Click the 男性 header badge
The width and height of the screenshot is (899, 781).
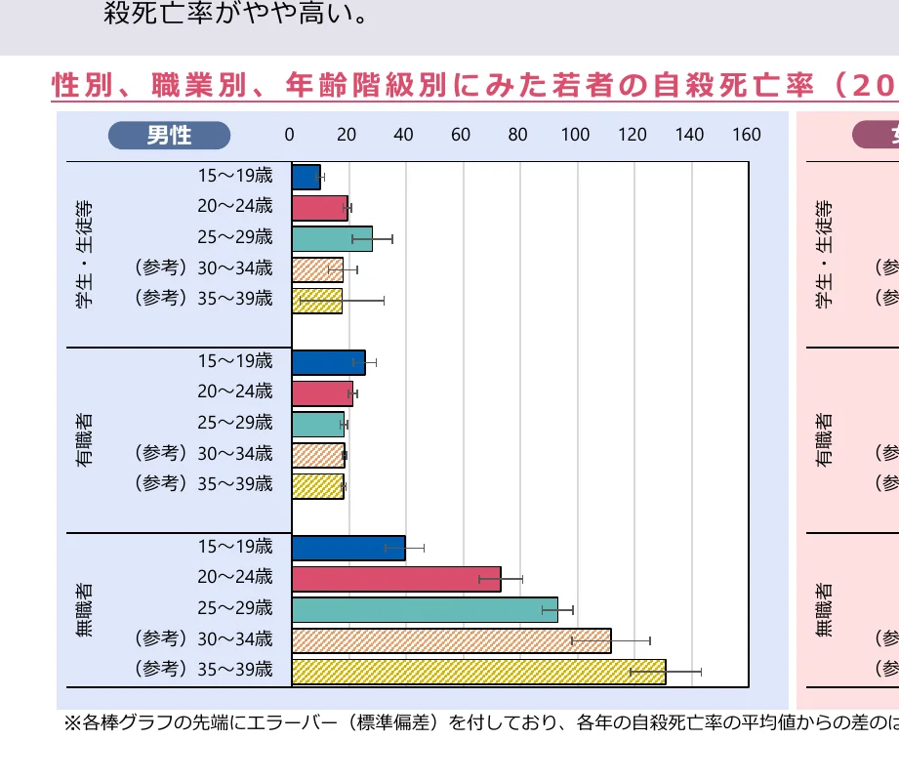pos(169,135)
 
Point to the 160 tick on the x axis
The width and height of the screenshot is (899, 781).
pos(747,135)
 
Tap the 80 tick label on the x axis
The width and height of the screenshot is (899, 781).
pos(517,135)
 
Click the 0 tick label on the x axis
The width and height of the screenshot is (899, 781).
pos(289,135)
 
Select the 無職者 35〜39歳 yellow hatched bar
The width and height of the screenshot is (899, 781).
pos(478,672)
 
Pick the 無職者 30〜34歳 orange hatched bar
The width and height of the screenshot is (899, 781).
pos(451,640)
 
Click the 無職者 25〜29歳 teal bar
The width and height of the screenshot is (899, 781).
pos(425,609)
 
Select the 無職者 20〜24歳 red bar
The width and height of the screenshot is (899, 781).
pos(396,579)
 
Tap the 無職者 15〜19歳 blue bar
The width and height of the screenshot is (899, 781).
pos(348,548)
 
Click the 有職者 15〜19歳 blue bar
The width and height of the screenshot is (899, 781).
pos(328,362)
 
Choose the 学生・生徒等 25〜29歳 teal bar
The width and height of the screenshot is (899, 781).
pos(332,238)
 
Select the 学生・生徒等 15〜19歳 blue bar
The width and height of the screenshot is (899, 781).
pos(306,177)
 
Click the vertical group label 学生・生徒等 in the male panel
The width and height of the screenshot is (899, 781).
pos(85,254)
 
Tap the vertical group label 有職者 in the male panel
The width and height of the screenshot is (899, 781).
pos(85,439)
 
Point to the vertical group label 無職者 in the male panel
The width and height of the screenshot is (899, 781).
pos(85,610)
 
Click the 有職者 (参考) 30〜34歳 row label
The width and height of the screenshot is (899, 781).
pos(203,453)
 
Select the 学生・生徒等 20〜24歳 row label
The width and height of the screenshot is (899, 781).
pos(235,206)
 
